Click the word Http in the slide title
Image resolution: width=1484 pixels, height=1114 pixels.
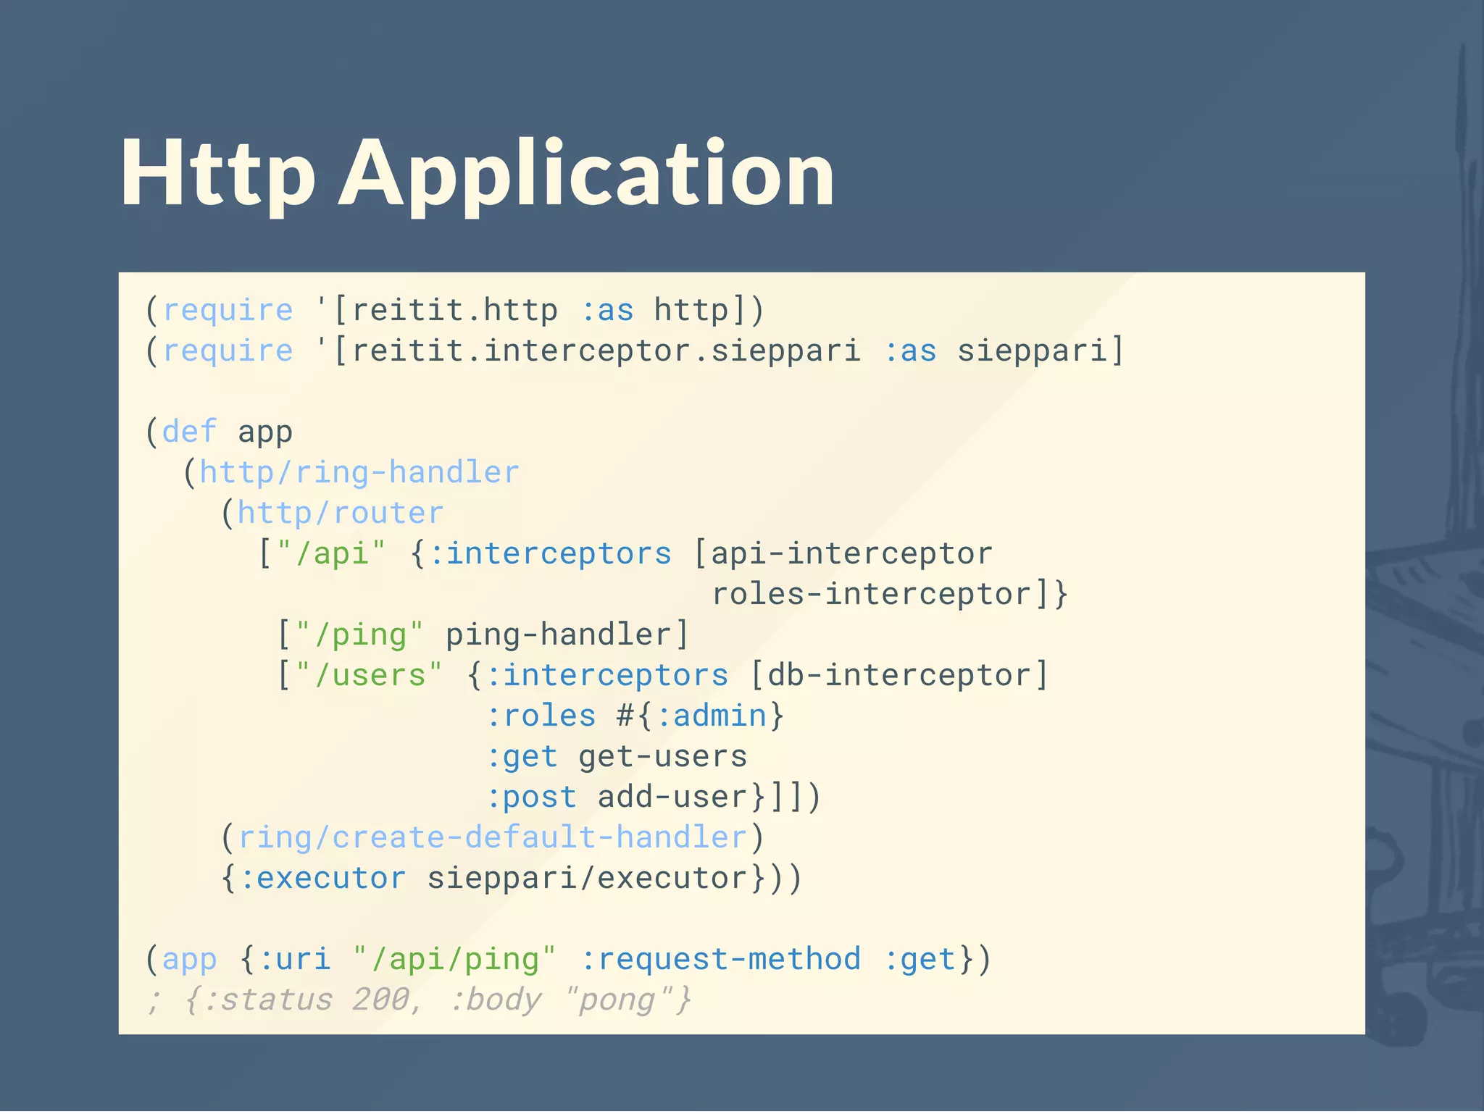coord(217,175)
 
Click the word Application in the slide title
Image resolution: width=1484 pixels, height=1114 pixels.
coord(587,175)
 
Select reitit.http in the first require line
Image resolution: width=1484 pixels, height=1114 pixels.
coord(454,311)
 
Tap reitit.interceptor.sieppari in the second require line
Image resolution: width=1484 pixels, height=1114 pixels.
coord(606,351)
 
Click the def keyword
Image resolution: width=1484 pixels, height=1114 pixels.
coord(189,432)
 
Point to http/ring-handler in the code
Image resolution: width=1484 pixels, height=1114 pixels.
coord(359,473)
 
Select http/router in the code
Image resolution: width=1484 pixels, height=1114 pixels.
coord(341,514)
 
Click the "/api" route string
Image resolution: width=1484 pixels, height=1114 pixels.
coord(331,554)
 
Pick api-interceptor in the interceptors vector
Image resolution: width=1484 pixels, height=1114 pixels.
coord(851,554)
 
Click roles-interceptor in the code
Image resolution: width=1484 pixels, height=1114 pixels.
coord(870,595)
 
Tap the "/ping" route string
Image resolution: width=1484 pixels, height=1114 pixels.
coord(359,635)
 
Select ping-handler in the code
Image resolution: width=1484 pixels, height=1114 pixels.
coord(559,635)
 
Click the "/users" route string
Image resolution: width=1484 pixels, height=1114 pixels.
coord(369,676)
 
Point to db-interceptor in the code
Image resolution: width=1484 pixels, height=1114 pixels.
coord(899,676)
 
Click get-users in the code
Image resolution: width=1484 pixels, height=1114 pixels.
coord(662,757)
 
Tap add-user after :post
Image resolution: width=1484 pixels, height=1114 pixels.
coord(672,797)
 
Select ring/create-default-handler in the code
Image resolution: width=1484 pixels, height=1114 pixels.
coord(493,838)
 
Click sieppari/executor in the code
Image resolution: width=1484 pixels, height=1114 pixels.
coord(587,879)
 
